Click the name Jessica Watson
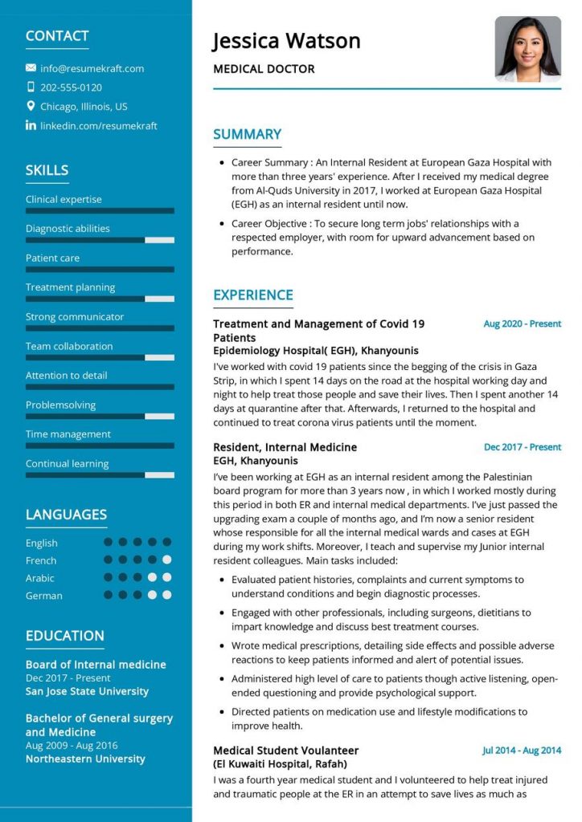[x=286, y=40]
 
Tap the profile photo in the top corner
[x=527, y=49]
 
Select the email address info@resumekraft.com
[x=92, y=68]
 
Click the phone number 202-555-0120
[x=71, y=87]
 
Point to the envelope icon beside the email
[x=31, y=68]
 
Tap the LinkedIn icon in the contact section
[x=31, y=125]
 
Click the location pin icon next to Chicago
[x=31, y=106]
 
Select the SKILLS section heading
[x=47, y=170]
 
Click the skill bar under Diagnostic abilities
[x=100, y=240]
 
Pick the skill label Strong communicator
[x=75, y=316]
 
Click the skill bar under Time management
[x=100, y=446]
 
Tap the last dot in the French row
[x=166, y=560]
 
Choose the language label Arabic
[x=40, y=578]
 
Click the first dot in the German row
[x=108, y=595]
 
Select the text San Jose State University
[x=87, y=691]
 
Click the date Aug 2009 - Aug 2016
[x=72, y=746]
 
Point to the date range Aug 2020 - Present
[x=522, y=324]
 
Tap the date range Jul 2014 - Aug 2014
[x=521, y=751]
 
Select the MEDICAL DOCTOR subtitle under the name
[x=264, y=69]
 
